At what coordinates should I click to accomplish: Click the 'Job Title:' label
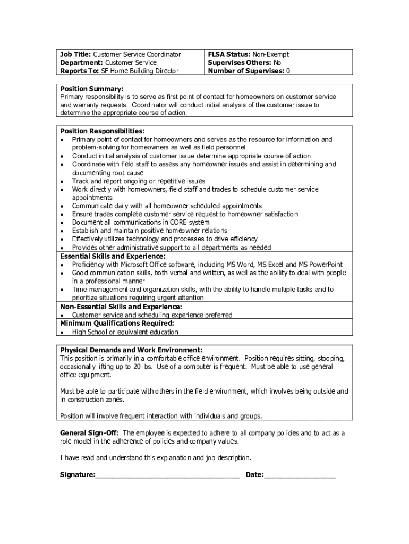point(75,54)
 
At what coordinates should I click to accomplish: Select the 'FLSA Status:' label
point(229,54)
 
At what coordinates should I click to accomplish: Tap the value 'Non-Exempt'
point(270,54)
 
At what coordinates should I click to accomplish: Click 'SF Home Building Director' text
point(140,71)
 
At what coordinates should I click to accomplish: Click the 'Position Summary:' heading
point(91,89)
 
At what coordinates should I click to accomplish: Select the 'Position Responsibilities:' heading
point(102,131)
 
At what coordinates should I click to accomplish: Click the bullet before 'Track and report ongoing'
point(62,182)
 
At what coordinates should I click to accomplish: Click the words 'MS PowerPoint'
point(320,265)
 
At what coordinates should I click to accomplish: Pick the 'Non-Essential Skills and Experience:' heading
point(121,307)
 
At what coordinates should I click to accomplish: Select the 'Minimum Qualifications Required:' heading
point(116,323)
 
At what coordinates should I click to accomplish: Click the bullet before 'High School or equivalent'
point(62,333)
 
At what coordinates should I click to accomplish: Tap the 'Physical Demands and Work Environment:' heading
point(131,350)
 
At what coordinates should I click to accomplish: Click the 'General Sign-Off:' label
point(89,433)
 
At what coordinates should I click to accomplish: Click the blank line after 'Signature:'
point(167,474)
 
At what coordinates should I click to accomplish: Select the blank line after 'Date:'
point(300,474)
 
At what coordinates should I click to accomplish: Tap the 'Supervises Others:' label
point(238,63)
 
